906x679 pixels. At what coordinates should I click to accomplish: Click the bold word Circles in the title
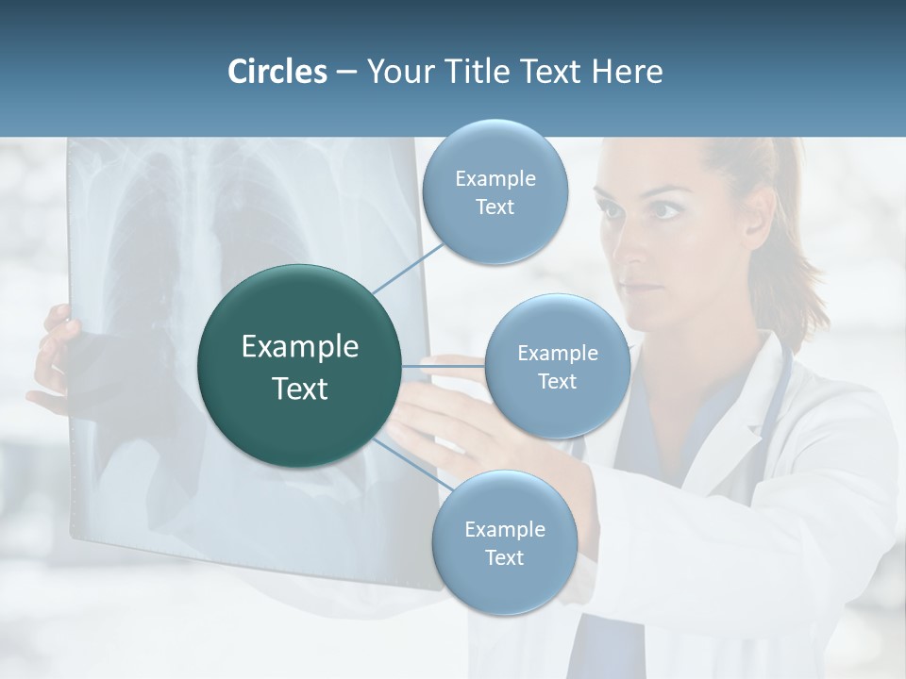pos(277,72)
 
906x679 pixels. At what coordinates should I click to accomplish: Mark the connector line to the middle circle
pos(444,366)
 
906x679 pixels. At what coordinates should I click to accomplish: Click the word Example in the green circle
pos(300,347)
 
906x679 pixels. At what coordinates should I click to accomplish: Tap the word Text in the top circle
pos(495,207)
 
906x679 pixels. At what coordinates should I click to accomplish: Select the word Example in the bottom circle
pos(504,529)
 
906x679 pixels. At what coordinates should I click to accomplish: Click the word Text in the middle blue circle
pos(557,381)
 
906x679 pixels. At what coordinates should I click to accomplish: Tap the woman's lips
pos(640,288)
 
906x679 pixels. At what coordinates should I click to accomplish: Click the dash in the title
pos(346,73)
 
